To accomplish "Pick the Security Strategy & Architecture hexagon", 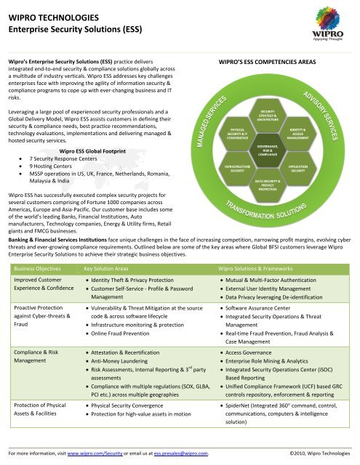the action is [263, 117].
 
